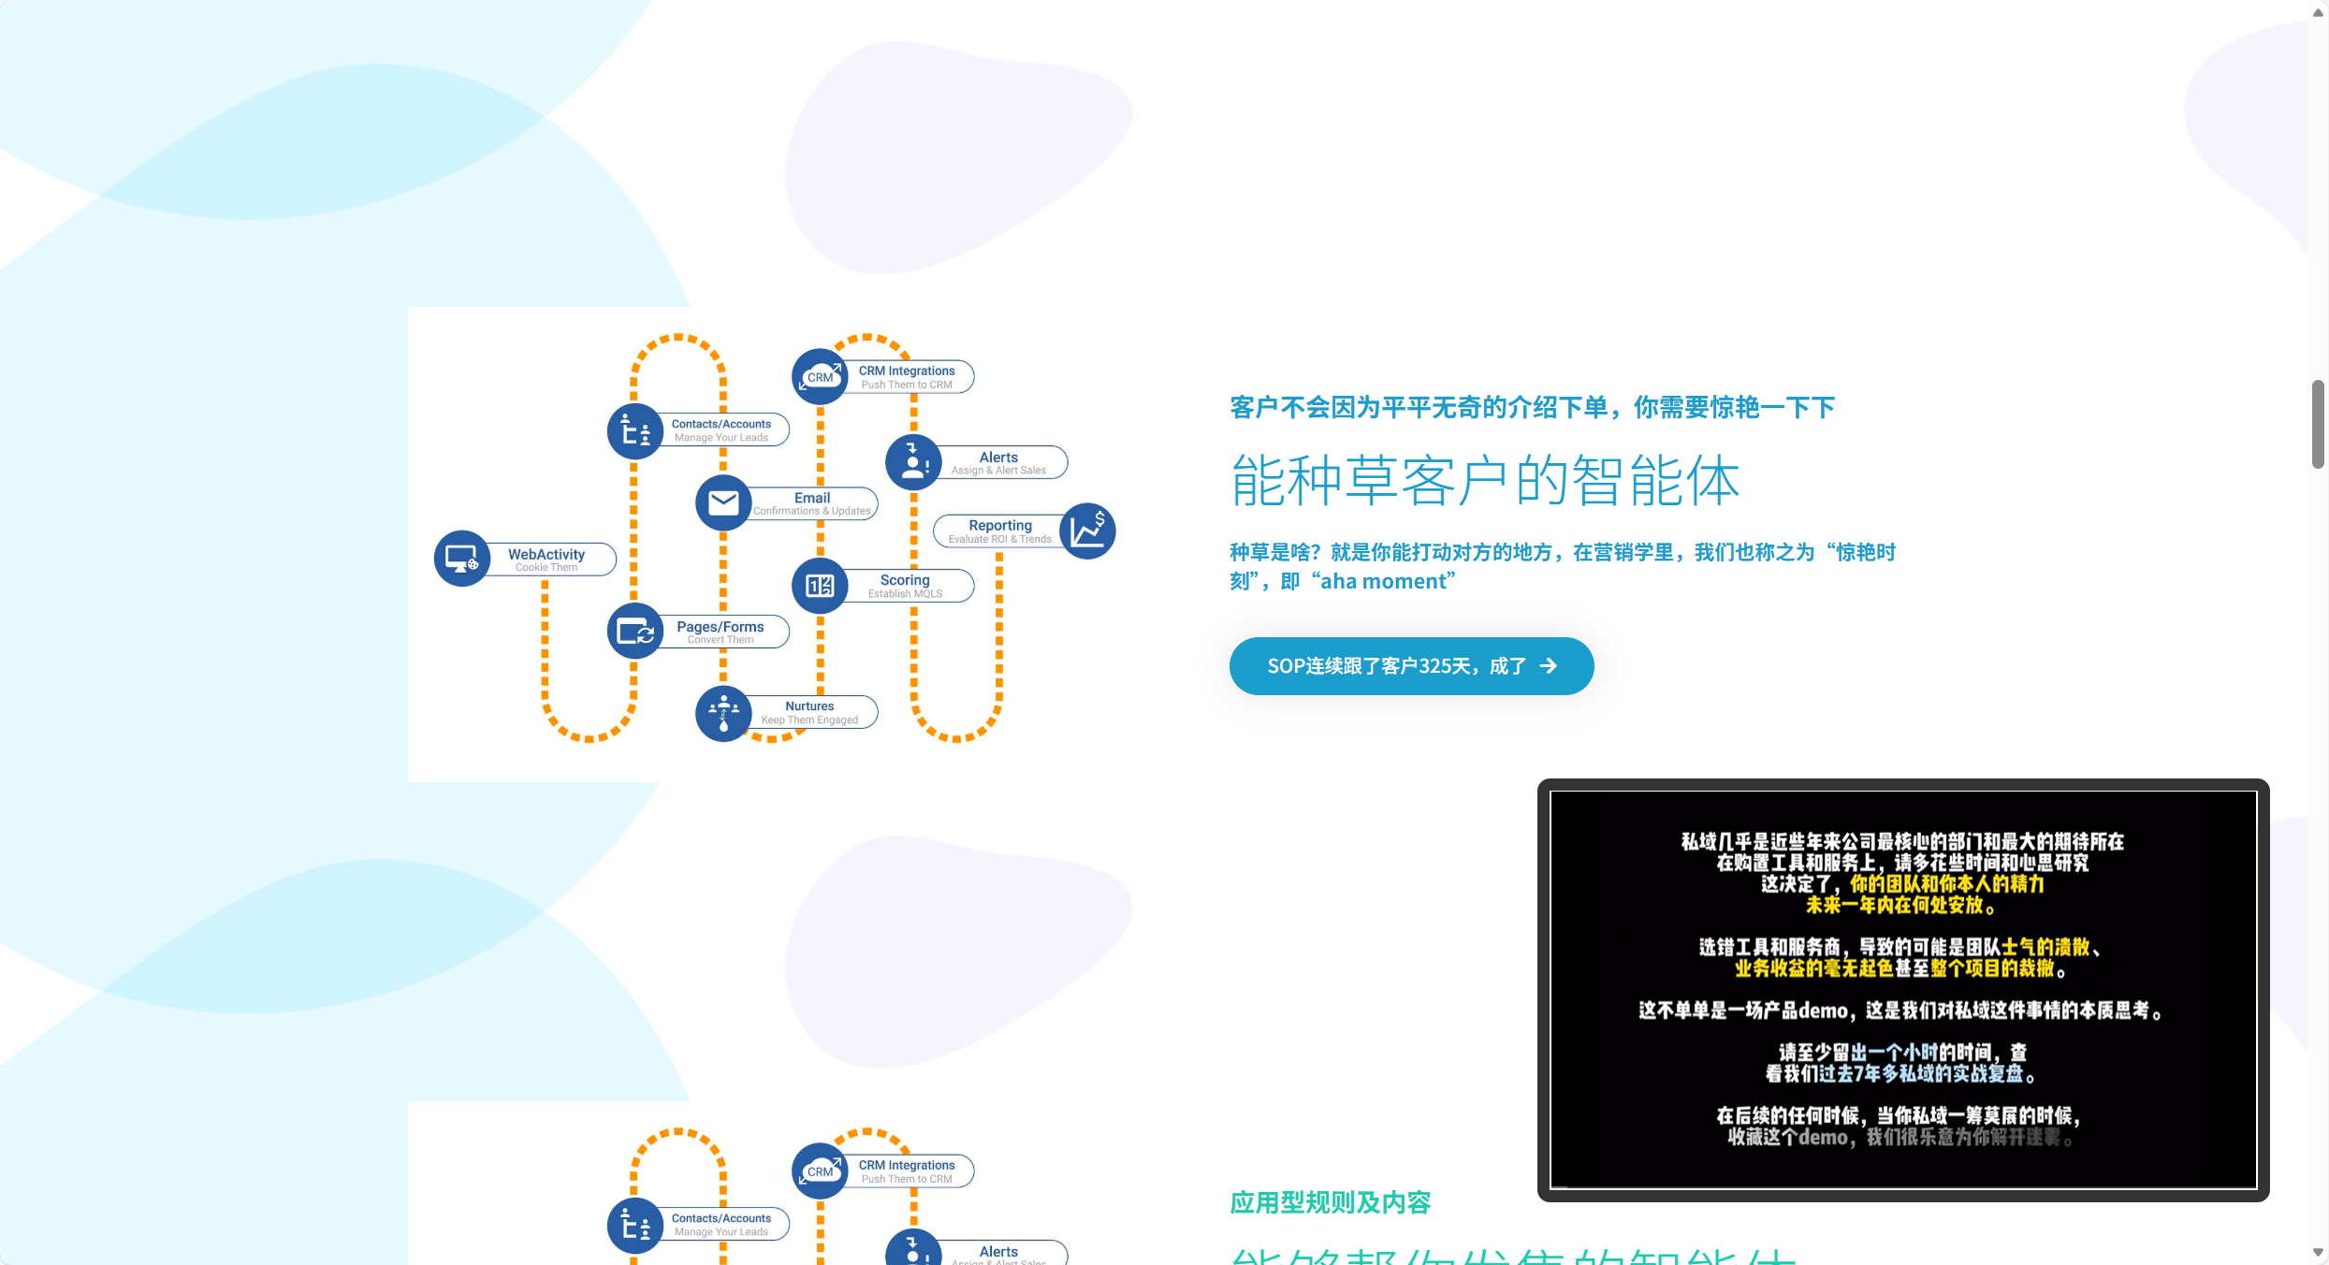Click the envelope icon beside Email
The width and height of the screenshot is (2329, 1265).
(x=723, y=503)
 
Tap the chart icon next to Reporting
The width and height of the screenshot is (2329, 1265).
(x=1087, y=531)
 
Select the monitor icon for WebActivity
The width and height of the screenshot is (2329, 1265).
(x=462, y=559)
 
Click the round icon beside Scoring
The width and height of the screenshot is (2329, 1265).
(x=820, y=586)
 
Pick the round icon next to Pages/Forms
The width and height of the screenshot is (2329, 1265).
(x=635, y=632)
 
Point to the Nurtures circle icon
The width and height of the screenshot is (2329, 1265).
(x=723, y=713)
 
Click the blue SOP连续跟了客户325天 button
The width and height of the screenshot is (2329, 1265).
(x=1411, y=666)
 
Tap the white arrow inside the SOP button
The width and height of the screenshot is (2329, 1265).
(x=1549, y=666)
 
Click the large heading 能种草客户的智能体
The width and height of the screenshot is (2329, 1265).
(x=1485, y=481)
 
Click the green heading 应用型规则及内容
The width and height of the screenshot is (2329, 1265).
(x=1330, y=1202)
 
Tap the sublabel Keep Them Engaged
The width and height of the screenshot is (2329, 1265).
(x=809, y=720)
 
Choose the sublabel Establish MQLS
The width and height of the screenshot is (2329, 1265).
(x=905, y=594)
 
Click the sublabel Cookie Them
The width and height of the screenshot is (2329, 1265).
(x=546, y=568)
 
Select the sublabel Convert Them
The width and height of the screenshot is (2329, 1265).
(x=720, y=640)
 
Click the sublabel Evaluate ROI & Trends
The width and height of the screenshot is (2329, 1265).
(x=999, y=539)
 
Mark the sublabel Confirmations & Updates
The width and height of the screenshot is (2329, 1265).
(x=812, y=511)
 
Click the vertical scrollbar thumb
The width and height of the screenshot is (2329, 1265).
(x=2318, y=424)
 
